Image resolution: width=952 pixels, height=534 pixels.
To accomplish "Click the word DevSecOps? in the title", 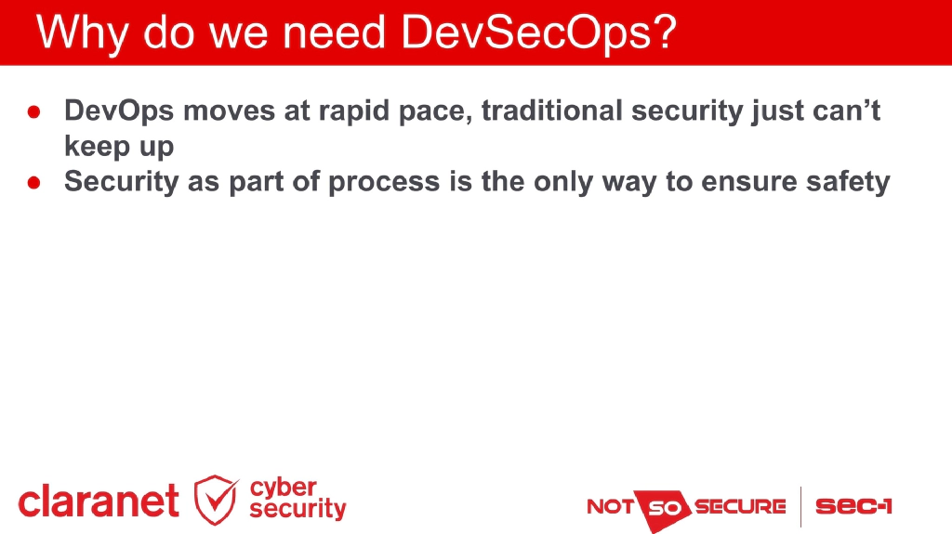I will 539,33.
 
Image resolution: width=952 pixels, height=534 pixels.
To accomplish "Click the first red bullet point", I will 33,112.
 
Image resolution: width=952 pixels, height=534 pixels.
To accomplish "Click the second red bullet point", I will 33,183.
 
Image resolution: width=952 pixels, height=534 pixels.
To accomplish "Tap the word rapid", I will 360,112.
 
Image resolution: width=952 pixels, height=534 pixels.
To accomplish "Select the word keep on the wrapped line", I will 94,147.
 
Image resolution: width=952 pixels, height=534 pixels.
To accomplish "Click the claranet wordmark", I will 99,501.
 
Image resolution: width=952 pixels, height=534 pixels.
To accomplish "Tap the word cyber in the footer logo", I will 284,488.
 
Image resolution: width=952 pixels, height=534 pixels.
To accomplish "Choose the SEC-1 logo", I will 853,506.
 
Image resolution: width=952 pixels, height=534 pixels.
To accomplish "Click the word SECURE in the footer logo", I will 739,507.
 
